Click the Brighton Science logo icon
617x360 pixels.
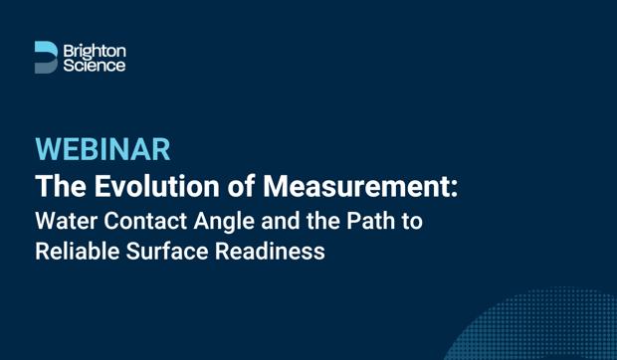tap(46, 57)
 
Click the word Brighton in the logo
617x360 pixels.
tap(95, 50)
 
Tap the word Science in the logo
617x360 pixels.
tap(94, 65)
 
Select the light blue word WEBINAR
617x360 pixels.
tap(103, 150)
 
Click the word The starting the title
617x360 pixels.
tap(58, 186)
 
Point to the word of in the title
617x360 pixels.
tap(236, 186)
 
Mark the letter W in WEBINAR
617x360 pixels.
tap(49, 150)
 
